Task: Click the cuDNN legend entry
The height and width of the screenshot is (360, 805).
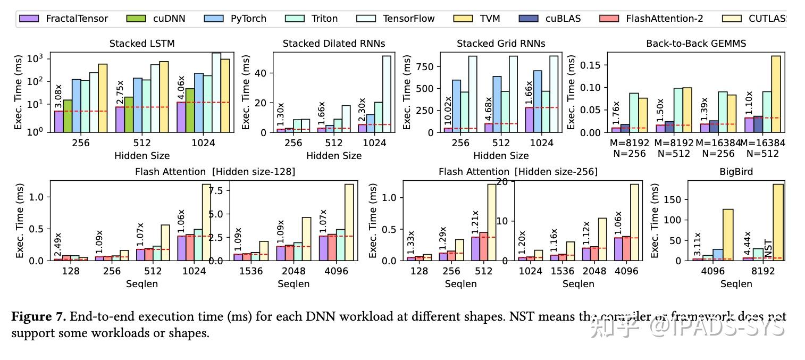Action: point(169,19)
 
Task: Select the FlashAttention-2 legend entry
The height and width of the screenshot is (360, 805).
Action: point(664,19)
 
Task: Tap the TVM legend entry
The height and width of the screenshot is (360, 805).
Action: point(489,19)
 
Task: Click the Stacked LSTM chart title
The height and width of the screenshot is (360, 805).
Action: point(142,44)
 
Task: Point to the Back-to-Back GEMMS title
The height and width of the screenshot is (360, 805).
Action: point(696,44)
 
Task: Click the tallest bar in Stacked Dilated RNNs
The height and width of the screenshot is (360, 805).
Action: point(387,94)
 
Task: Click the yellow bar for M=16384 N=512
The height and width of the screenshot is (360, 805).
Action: point(776,94)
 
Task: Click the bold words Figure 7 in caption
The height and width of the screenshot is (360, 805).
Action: point(39,317)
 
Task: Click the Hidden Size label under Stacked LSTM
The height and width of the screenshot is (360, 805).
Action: point(142,156)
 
